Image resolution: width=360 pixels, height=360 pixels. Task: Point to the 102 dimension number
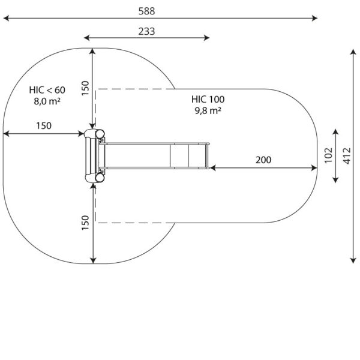[x=328, y=154]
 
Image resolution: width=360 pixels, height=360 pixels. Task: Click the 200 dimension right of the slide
[x=263, y=160]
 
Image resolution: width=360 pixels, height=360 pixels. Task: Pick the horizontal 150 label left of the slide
[x=43, y=125]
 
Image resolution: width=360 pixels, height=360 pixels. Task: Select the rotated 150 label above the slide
[x=85, y=88]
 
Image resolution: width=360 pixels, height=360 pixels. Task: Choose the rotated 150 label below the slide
[x=85, y=222]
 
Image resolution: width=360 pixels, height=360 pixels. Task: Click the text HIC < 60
[x=47, y=90]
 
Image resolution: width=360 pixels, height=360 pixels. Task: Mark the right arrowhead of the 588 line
[x=317, y=19]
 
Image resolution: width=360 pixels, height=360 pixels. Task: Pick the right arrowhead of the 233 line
[x=208, y=38]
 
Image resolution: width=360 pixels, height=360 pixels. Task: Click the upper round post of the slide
[x=92, y=134]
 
